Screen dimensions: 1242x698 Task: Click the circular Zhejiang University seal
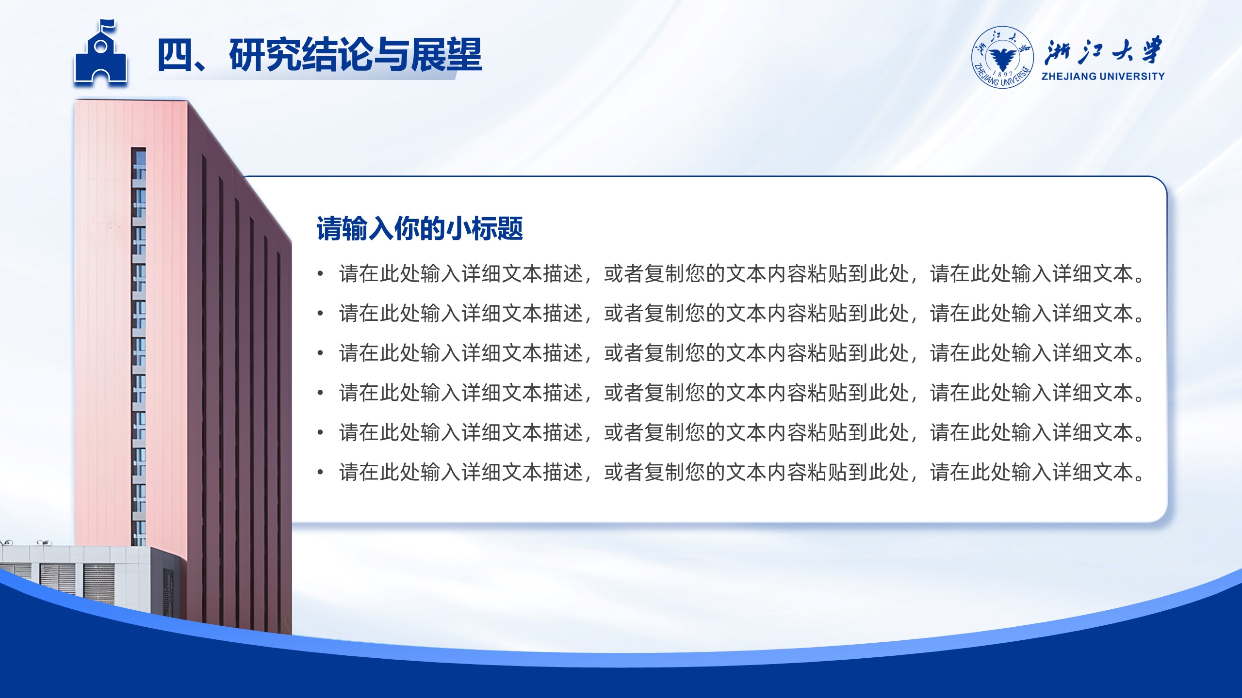pyautogui.click(x=1002, y=58)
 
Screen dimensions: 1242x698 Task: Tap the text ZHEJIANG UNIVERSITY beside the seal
pyautogui.click(x=1103, y=76)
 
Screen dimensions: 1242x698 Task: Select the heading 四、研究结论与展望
pyautogui.click(x=319, y=55)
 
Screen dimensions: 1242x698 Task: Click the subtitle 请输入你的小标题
pyautogui.click(x=420, y=228)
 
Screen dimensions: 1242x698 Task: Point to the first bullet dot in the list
pyautogui.click(x=320, y=274)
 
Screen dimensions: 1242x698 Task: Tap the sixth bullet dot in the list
pyautogui.click(x=320, y=472)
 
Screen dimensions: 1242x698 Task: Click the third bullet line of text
pyautogui.click(x=742, y=353)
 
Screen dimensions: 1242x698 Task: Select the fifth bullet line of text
pyautogui.click(x=742, y=432)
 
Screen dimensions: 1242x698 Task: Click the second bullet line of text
pyautogui.click(x=742, y=313)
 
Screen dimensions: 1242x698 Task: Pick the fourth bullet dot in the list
pyautogui.click(x=320, y=393)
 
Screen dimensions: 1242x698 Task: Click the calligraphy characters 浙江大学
pyautogui.click(x=1103, y=50)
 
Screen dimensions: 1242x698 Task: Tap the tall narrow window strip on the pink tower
pyautogui.click(x=139, y=347)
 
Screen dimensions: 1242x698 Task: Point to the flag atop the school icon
pyautogui.click(x=108, y=25)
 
